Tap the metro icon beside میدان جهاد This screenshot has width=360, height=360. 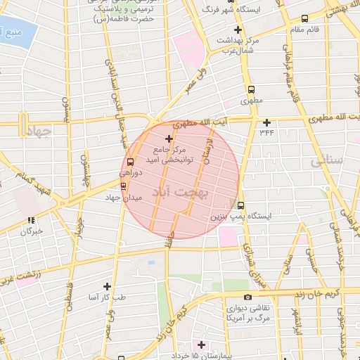coord(124,186)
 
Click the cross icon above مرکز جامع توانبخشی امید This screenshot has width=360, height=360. coord(168,139)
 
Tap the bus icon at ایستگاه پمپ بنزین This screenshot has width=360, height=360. coord(241,206)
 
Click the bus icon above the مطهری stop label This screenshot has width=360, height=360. coord(251,90)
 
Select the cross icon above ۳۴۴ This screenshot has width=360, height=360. coord(266,122)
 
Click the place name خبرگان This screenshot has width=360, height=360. coord(32,230)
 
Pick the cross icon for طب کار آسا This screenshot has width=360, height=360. coord(107,286)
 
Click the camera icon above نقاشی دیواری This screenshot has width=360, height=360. coord(247,297)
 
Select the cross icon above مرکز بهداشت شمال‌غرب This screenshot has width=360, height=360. coord(238,30)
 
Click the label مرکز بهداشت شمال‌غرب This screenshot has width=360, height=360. coord(239,46)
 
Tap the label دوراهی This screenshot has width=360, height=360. coord(131,172)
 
